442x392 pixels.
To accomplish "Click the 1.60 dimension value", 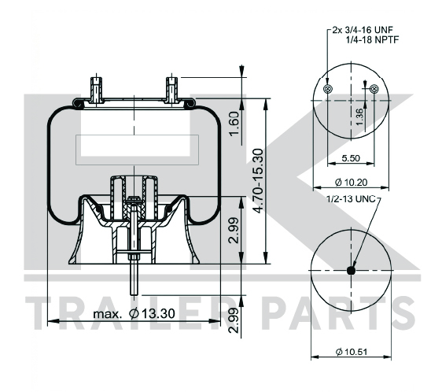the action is pos(234,124).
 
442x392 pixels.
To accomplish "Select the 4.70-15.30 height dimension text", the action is pos(258,180).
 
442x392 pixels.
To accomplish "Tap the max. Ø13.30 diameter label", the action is pos(134,313).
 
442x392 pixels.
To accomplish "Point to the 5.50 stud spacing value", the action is pos(351,158).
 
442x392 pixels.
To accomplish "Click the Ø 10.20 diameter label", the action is pos(351,183).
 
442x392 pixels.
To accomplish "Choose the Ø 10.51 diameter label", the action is pos(352,352).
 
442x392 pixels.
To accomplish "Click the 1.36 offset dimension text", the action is pos(359,117).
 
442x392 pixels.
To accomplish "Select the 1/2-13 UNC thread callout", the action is pos(351,199).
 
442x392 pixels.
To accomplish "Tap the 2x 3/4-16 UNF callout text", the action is pos(363,30).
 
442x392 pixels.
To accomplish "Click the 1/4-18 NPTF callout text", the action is pos(372,40).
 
